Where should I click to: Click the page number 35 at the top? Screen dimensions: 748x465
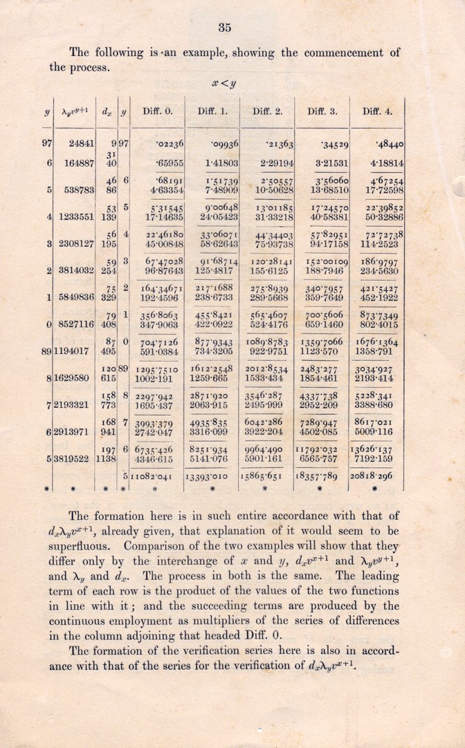point(224,28)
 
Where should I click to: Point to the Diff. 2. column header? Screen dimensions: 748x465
point(267,110)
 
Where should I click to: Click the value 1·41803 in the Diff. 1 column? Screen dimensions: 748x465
point(217,163)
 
